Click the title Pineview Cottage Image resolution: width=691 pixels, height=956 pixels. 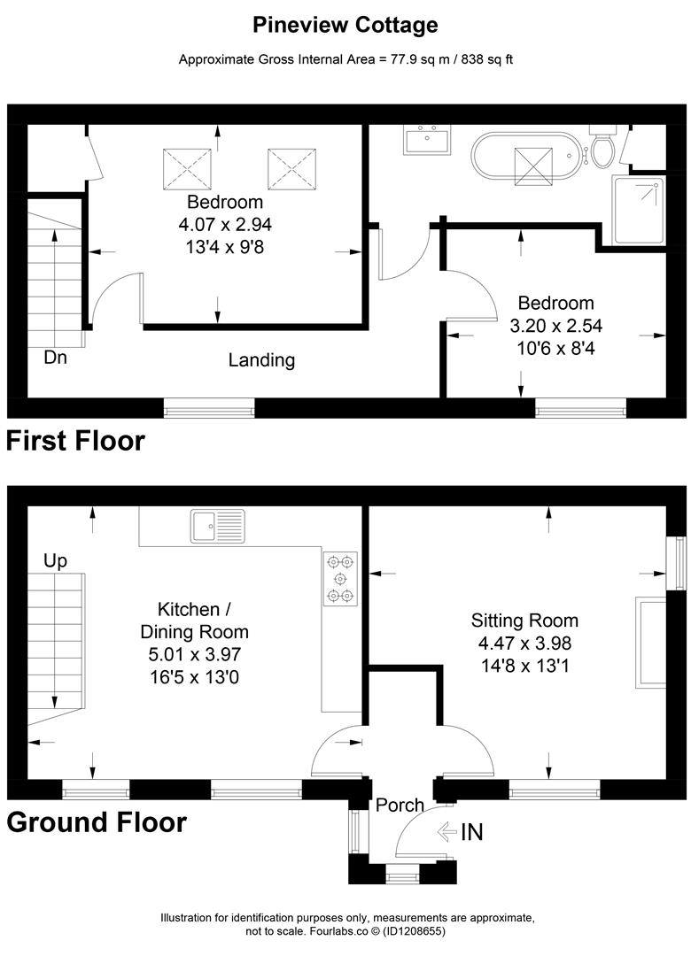345,25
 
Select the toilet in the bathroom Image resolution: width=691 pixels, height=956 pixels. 603,149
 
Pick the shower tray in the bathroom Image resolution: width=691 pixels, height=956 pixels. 639,210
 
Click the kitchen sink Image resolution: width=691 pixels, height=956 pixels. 217,526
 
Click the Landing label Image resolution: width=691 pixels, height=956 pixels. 260,360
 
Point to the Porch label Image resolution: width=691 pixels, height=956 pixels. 400,806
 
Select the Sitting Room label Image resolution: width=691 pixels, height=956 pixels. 524,621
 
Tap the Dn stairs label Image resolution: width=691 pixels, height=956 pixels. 55,358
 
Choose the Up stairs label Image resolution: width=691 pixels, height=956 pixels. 55,560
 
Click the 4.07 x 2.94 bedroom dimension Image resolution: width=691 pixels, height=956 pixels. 225,226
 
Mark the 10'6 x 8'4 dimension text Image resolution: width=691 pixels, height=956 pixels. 555,349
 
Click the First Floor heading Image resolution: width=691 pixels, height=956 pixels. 76,440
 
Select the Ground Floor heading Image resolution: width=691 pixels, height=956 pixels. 97,822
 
